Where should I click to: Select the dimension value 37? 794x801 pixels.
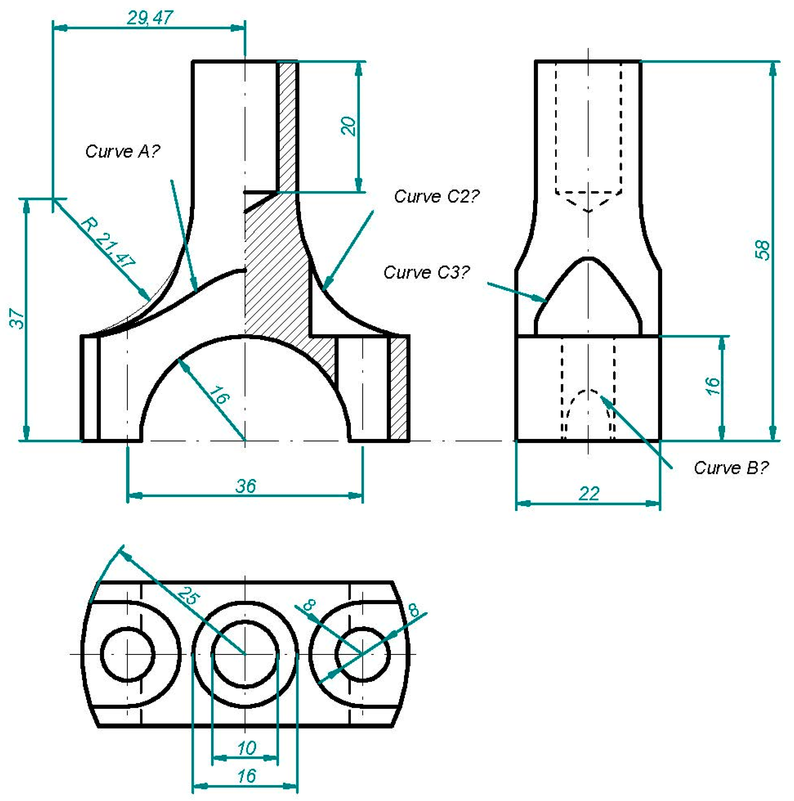pyautogui.click(x=18, y=318)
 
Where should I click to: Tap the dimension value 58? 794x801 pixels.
pyautogui.click(x=762, y=250)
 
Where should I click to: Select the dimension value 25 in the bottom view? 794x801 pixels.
pyautogui.click(x=189, y=596)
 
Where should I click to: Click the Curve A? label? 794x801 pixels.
pyautogui.click(x=122, y=151)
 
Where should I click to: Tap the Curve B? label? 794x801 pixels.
pyautogui.click(x=731, y=468)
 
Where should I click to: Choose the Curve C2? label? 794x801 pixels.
pyautogui.click(x=436, y=196)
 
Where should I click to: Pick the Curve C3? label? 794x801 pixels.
pyautogui.click(x=426, y=272)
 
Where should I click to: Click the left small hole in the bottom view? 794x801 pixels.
pyautogui.click(x=127, y=655)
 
